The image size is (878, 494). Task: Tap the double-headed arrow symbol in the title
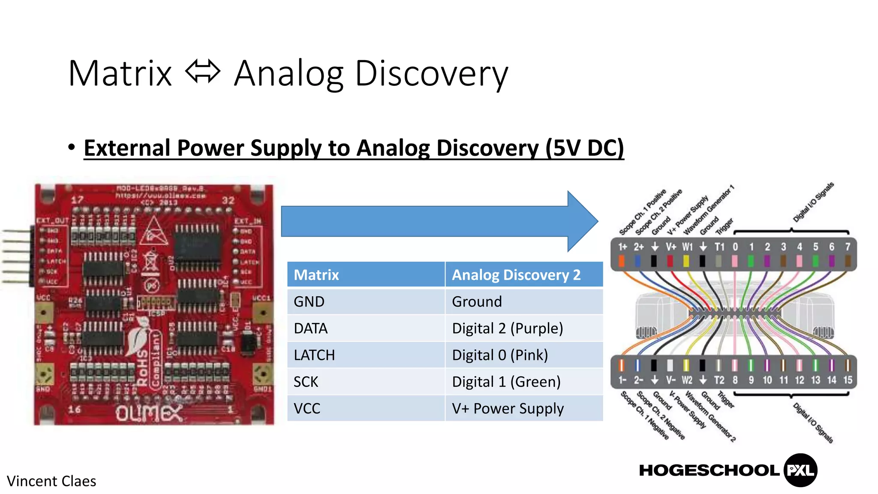click(203, 72)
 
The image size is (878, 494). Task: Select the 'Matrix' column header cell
click(366, 274)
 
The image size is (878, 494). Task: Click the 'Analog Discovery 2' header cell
click(524, 274)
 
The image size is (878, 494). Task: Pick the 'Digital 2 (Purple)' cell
click(524, 328)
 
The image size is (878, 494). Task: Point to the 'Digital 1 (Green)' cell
click(524, 382)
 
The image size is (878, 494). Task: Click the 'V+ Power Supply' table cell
click(524, 408)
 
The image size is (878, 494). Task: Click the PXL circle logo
click(800, 470)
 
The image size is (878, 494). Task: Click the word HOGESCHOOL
click(709, 470)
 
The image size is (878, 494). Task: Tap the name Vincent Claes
click(51, 481)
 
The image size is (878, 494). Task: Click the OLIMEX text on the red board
click(148, 413)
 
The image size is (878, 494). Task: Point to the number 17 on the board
click(78, 200)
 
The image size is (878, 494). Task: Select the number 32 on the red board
click(228, 200)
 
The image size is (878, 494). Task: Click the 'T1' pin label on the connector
click(719, 247)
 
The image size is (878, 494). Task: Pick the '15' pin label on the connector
click(848, 380)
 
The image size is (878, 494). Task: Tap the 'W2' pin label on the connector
click(687, 380)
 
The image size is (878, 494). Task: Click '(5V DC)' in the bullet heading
click(584, 148)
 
